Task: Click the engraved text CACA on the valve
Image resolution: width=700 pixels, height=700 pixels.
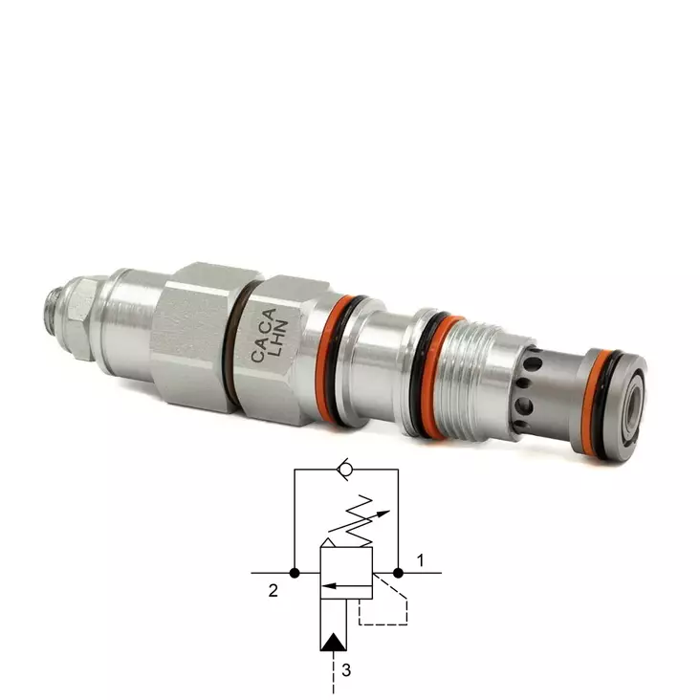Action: (264, 335)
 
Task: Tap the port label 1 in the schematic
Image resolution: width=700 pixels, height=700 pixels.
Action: (420, 559)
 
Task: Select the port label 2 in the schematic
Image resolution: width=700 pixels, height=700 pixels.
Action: (273, 591)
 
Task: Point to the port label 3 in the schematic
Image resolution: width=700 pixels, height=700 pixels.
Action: (346, 670)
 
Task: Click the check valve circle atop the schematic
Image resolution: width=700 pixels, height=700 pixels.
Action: (344, 470)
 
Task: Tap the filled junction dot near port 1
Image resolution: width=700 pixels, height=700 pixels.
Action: (398, 573)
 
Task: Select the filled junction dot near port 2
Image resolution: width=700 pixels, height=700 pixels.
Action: (295, 573)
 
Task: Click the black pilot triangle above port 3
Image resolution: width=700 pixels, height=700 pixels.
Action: (334, 642)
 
